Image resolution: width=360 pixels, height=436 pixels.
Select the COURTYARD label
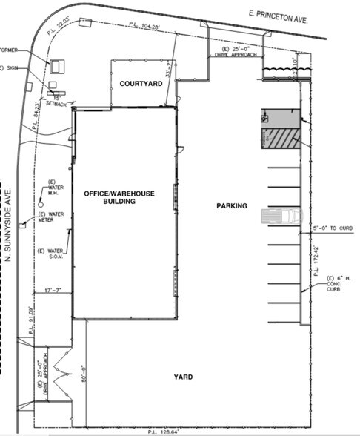click(x=141, y=84)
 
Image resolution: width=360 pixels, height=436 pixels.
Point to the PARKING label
click(x=231, y=205)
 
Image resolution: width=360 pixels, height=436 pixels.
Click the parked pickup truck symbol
click(x=281, y=216)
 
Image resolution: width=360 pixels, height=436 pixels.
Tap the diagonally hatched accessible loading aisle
click(x=281, y=139)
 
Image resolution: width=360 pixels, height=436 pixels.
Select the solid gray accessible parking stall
click(x=281, y=119)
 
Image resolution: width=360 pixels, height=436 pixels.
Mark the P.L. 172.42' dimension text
click(x=315, y=260)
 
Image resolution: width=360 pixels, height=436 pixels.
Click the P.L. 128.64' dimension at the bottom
click(x=165, y=431)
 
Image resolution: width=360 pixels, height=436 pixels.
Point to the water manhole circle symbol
click(x=41, y=202)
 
